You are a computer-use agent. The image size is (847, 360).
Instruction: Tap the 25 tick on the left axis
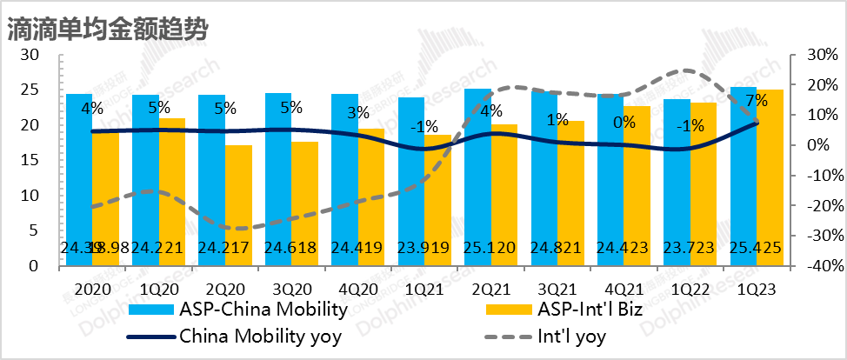click(29, 90)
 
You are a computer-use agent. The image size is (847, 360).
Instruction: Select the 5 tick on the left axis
click(33, 231)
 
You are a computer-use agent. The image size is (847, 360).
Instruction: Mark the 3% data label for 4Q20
click(357, 111)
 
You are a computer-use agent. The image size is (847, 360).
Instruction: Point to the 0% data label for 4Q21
click(623, 122)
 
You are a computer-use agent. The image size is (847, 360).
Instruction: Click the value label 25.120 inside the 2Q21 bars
click(490, 250)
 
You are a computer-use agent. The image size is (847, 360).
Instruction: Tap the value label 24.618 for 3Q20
click(291, 250)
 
